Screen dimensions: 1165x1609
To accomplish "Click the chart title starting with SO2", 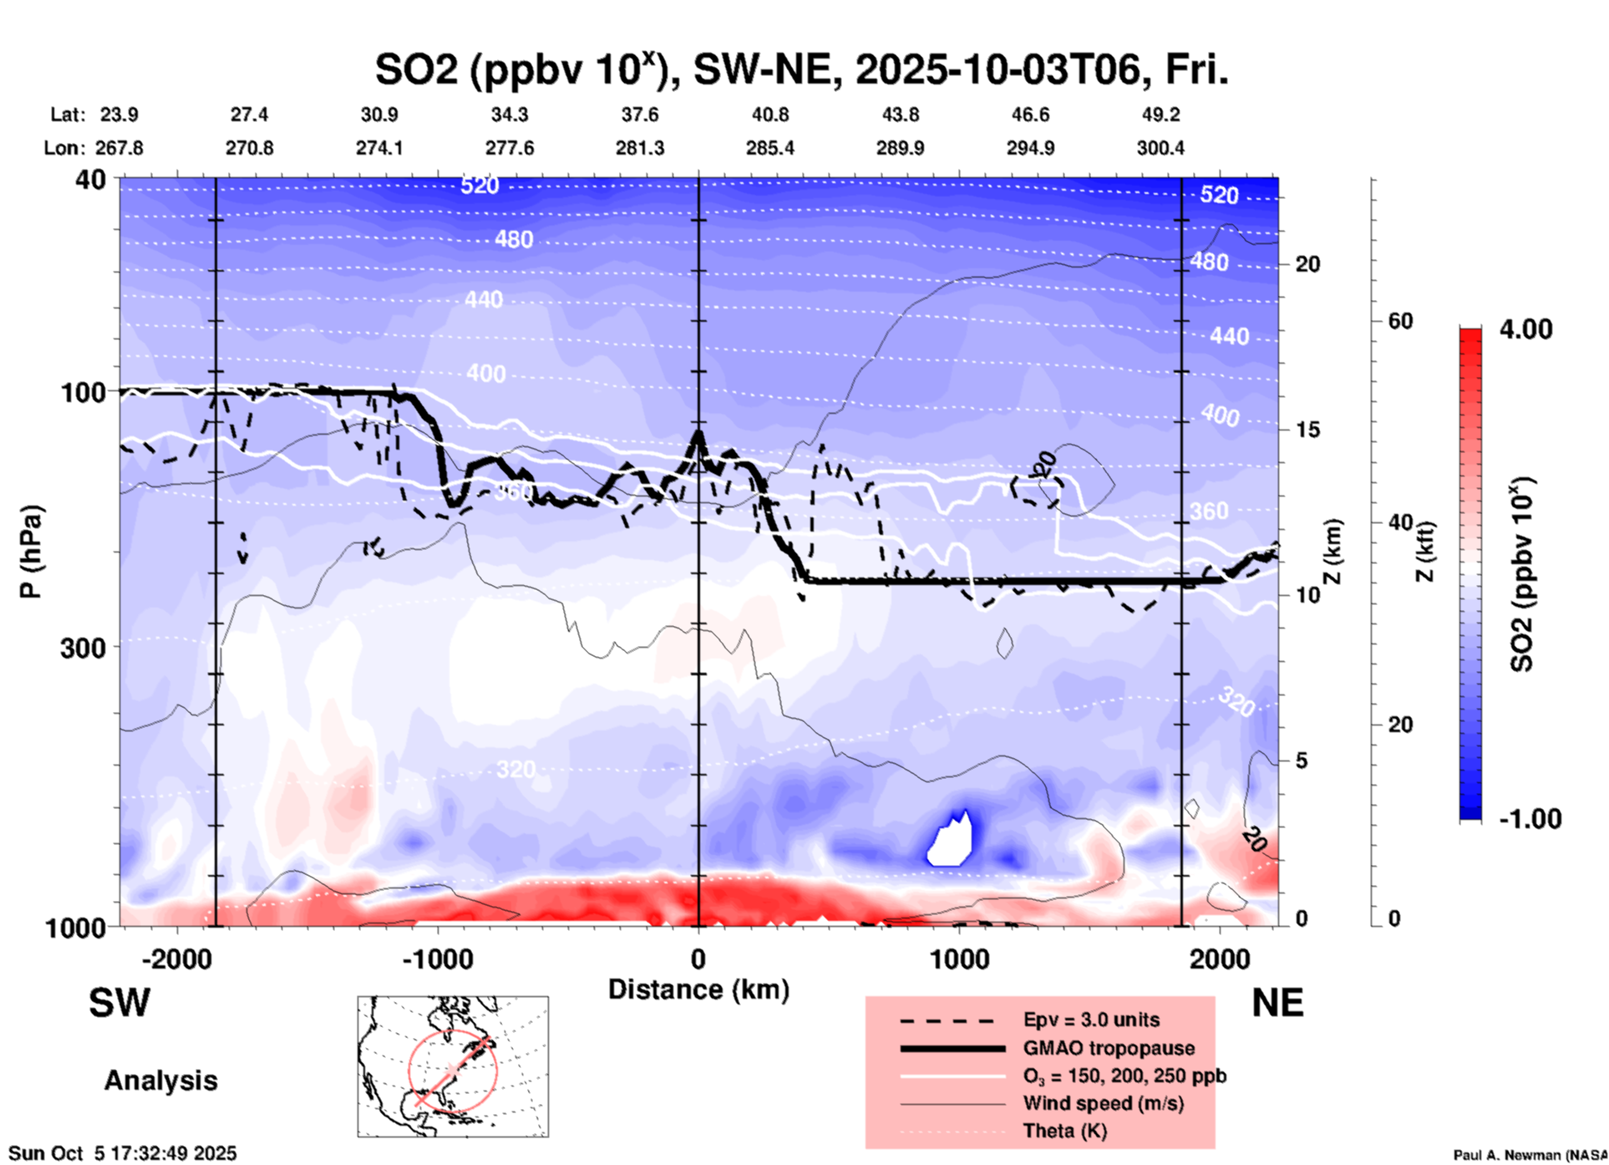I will click(801, 70).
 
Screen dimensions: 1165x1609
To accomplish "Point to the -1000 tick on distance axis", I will click(438, 959).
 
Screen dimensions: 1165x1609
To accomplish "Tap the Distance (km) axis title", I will click(698, 989).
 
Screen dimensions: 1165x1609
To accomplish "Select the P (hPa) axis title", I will click(31, 552).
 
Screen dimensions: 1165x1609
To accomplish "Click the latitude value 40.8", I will click(769, 114).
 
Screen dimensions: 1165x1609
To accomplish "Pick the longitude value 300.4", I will click(1160, 148).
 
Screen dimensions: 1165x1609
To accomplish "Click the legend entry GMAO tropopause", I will click(1109, 1048).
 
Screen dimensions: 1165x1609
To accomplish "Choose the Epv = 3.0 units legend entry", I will click(1091, 1020).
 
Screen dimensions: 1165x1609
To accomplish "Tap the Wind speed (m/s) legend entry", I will click(1103, 1103).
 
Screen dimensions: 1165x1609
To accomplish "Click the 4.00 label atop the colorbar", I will click(1525, 329).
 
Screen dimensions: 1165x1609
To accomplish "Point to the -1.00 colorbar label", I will click(1530, 818).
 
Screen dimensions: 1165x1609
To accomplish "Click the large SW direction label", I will click(119, 1002).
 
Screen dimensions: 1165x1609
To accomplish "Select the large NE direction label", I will click(1277, 1002).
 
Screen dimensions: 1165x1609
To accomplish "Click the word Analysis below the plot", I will click(160, 1081).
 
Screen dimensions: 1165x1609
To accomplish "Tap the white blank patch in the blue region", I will click(952, 842).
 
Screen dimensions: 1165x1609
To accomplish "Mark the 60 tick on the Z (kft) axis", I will click(1400, 321).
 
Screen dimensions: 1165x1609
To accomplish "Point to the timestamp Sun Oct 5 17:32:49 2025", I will click(123, 1153).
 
